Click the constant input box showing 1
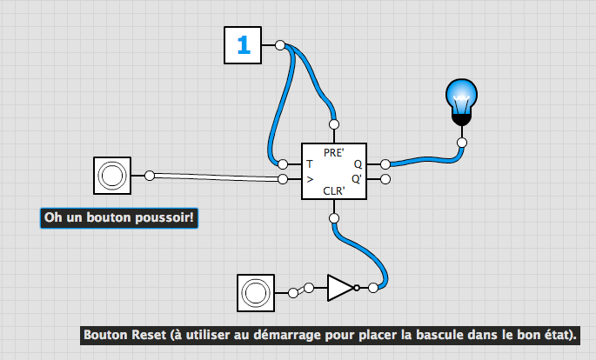(244, 45)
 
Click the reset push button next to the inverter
(257, 292)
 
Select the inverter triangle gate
(340, 288)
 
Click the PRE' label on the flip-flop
(335, 152)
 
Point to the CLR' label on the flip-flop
(335, 190)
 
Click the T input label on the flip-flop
(309, 163)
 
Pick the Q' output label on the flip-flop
(357, 179)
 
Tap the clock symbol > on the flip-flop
(309, 180)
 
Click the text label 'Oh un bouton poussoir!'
(119, 217)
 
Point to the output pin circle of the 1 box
(279, 44)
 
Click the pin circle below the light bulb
(462, 142)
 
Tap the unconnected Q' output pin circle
(385, 179)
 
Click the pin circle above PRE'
(335, 124)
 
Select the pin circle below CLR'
(335, 217)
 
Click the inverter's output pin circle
(373, 288)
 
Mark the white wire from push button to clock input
(218, 177)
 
